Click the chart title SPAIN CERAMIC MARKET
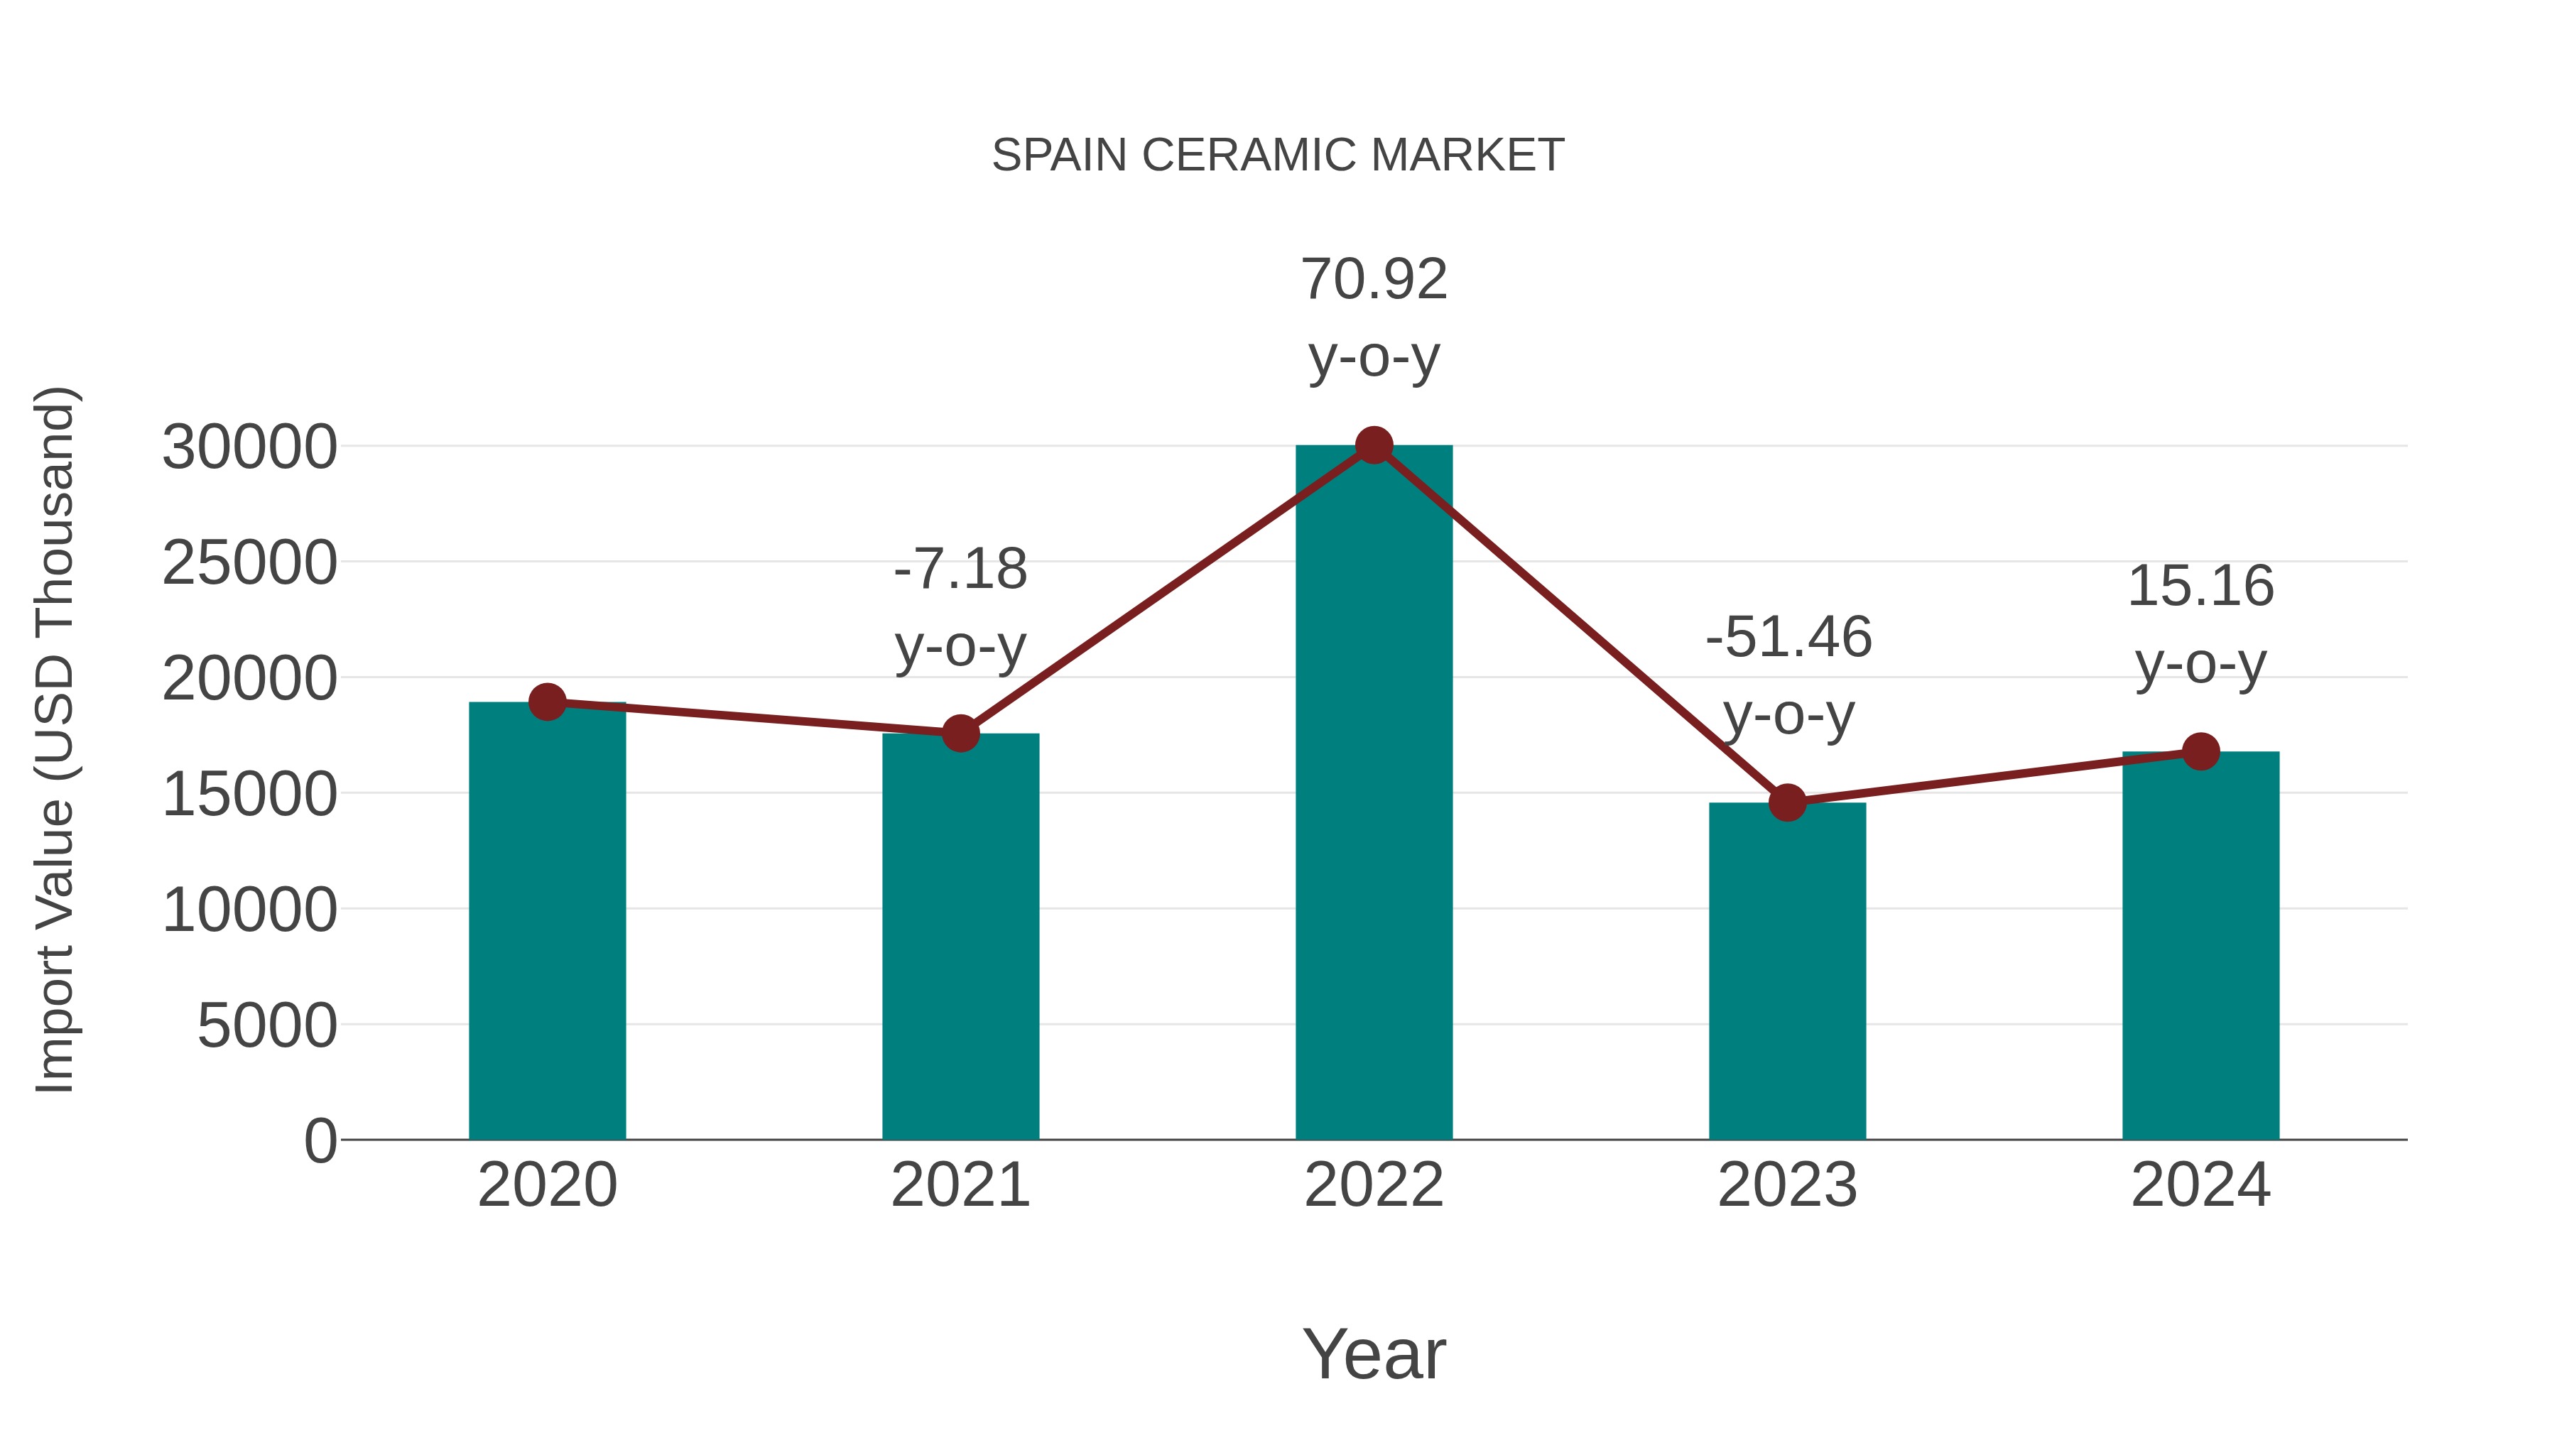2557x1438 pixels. click(1278, 156)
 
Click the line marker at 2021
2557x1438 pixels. click(960, 734)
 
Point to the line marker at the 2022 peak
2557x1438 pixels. click(1374, 445)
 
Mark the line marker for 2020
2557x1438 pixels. click(547, 702)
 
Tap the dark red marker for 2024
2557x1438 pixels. click(2200, 751)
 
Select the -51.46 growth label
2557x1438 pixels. click(1788, 637)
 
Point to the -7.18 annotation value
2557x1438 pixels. click(960, 570)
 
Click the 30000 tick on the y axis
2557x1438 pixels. click(249, 447)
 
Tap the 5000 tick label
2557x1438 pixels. click(267, 1025)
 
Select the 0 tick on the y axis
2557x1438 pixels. click(320, 1140)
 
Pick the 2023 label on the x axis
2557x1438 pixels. click(1787, 1185)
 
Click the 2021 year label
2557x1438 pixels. click(960, 1185)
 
